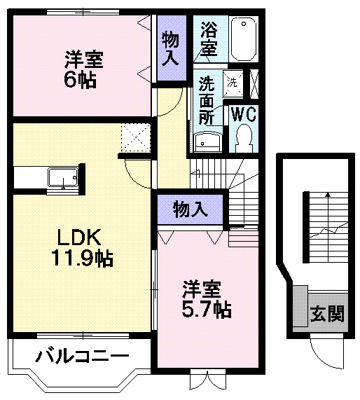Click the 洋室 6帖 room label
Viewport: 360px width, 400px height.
pos(83,68)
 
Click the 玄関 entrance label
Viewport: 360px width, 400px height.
pos(328,313)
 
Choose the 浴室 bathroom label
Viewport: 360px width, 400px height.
pos(209,39)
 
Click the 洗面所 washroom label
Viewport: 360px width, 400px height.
pos(207,100)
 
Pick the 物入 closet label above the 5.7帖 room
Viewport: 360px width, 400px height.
pos(191,209)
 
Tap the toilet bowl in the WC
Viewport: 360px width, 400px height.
pos(244,136)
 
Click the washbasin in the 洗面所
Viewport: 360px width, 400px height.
pos(208,143)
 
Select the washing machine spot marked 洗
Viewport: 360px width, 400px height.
pos(233,81)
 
